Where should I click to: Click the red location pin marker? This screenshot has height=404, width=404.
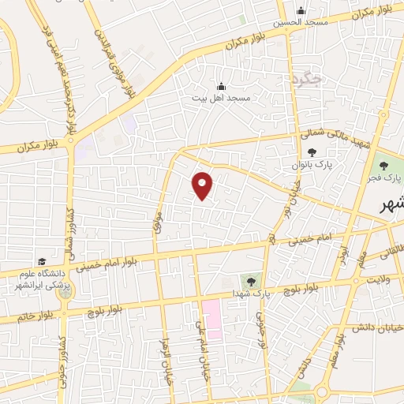(204, 185)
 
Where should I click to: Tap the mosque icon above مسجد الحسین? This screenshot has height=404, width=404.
(300, 10)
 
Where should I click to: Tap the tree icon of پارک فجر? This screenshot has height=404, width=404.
(383, 166)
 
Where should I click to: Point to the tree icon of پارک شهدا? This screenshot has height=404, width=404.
(252, 279)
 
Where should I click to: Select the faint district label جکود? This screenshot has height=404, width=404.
(303, 78)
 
